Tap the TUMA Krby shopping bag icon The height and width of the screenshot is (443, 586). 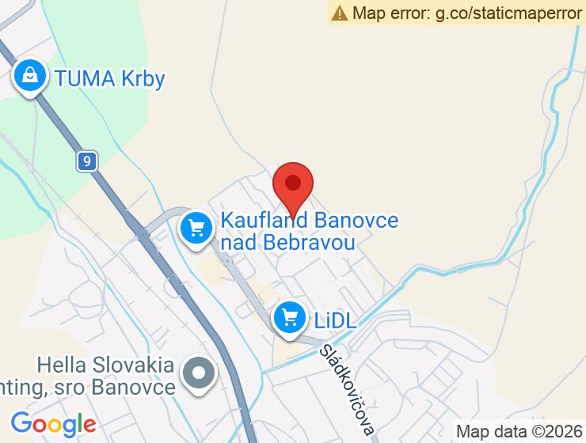(29, 78)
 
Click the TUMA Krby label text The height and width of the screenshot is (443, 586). (109, 79)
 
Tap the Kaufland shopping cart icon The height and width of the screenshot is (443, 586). (196, 229)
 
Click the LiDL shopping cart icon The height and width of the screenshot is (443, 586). (290, 319)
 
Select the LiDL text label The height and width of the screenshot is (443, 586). (335, 320)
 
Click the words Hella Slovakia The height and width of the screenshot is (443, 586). (105, 365)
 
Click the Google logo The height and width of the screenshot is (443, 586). (53, 425)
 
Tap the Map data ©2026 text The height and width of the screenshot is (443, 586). (517, 432)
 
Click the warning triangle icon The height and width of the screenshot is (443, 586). (340, 13)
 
